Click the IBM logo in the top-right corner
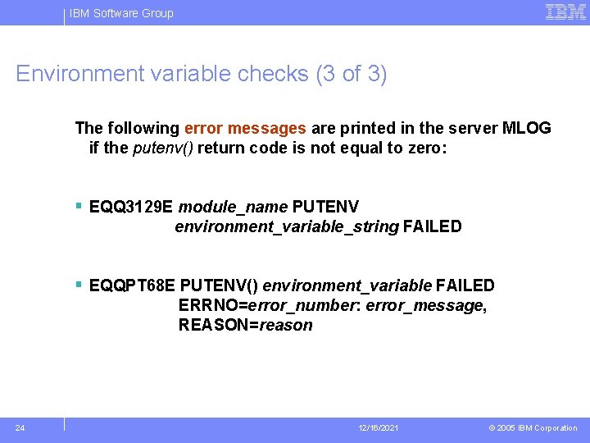click(565, 12)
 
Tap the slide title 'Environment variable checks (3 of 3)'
click(202, 74)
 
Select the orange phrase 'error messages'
click(246, 128)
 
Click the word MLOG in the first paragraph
click(526, 128)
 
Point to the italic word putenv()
click(163, 148)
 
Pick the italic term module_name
click(233, 206)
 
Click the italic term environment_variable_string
click(287, 226)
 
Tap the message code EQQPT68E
click(133, 285)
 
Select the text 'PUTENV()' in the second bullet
click(219, 285)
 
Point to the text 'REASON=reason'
click(246, 325)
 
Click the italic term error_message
click(424, 305)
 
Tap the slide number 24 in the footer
click(20, 427)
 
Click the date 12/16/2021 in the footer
click(378, 428)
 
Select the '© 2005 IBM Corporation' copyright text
click(533, 428)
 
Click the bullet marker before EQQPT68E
click(79, 285)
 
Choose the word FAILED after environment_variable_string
click(432, 226)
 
